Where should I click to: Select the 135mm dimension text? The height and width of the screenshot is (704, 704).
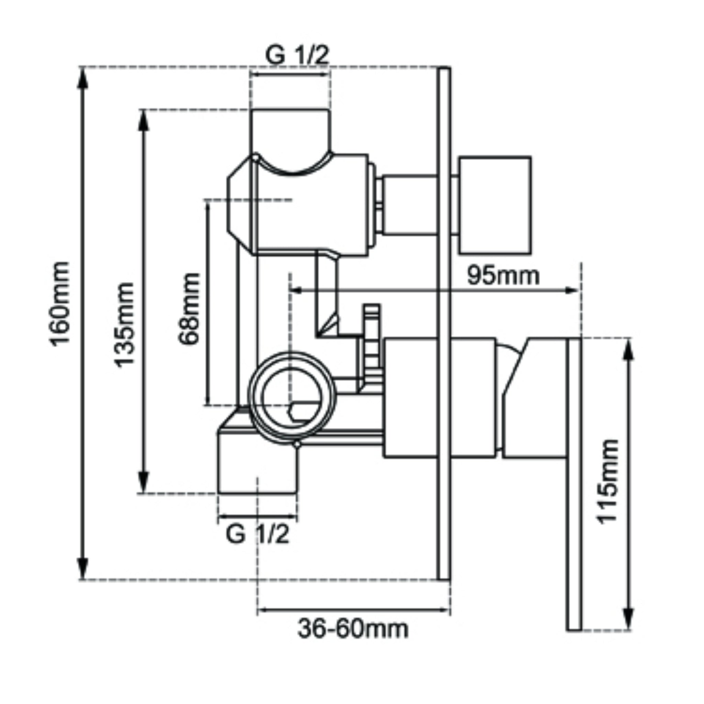coord(124,324)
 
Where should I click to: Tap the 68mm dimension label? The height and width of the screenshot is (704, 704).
coord(189,308)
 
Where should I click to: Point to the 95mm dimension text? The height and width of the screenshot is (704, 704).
coord(503,275)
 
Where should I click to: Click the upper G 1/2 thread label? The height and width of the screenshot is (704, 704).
coord(297,56)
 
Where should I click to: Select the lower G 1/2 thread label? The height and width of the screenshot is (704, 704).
coord(257,535)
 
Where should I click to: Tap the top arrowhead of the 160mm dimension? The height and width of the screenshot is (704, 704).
coord(83,78)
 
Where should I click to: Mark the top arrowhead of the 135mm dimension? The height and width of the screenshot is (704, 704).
coord(144,120)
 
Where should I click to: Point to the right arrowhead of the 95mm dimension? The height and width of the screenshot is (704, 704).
coord(572,290)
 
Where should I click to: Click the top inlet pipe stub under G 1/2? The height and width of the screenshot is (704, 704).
coord(290,131)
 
